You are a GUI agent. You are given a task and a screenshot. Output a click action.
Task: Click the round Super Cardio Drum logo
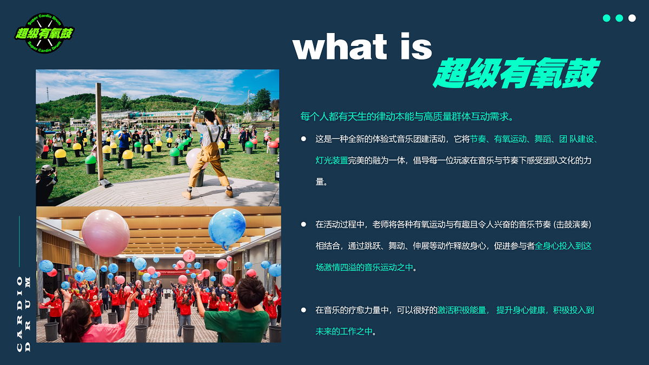[44, 33]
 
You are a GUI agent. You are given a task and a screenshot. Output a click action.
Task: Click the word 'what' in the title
[340, 46]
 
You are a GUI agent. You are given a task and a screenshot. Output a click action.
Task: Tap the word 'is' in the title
[416, 46]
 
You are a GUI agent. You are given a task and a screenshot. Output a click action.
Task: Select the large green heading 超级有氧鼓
[516, 72]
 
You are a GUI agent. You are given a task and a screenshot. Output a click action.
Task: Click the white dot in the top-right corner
[632, 18]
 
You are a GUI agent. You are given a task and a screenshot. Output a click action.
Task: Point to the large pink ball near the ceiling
[106, 233]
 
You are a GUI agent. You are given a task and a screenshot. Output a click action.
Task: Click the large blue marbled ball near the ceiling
[227, 229]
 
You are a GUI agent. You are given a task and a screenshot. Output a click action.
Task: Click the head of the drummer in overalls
[209, 117]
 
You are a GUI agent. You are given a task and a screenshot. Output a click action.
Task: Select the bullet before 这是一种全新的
[303, 139]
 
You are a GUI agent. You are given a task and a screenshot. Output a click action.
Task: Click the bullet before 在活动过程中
[303, 224]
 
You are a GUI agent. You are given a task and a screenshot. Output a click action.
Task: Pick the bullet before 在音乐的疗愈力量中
[303, 310]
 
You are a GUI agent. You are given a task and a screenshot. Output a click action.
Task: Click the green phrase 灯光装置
[332, 160]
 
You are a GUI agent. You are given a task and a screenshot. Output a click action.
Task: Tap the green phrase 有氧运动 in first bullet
[510, 139]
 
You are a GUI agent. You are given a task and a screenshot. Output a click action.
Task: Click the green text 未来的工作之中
[344, 331]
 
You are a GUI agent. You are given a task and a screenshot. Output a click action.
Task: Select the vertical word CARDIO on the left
[19, 314]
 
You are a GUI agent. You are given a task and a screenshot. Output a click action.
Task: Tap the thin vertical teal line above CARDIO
[19, 241]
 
